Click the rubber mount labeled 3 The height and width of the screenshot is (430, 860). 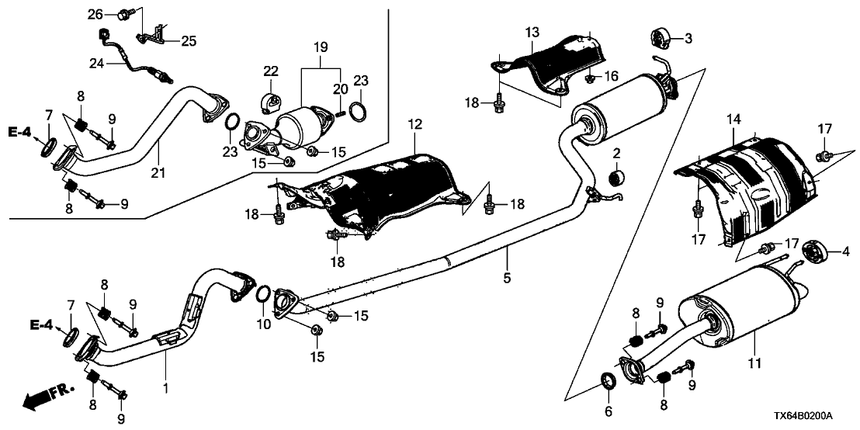click(x=661, y=36)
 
